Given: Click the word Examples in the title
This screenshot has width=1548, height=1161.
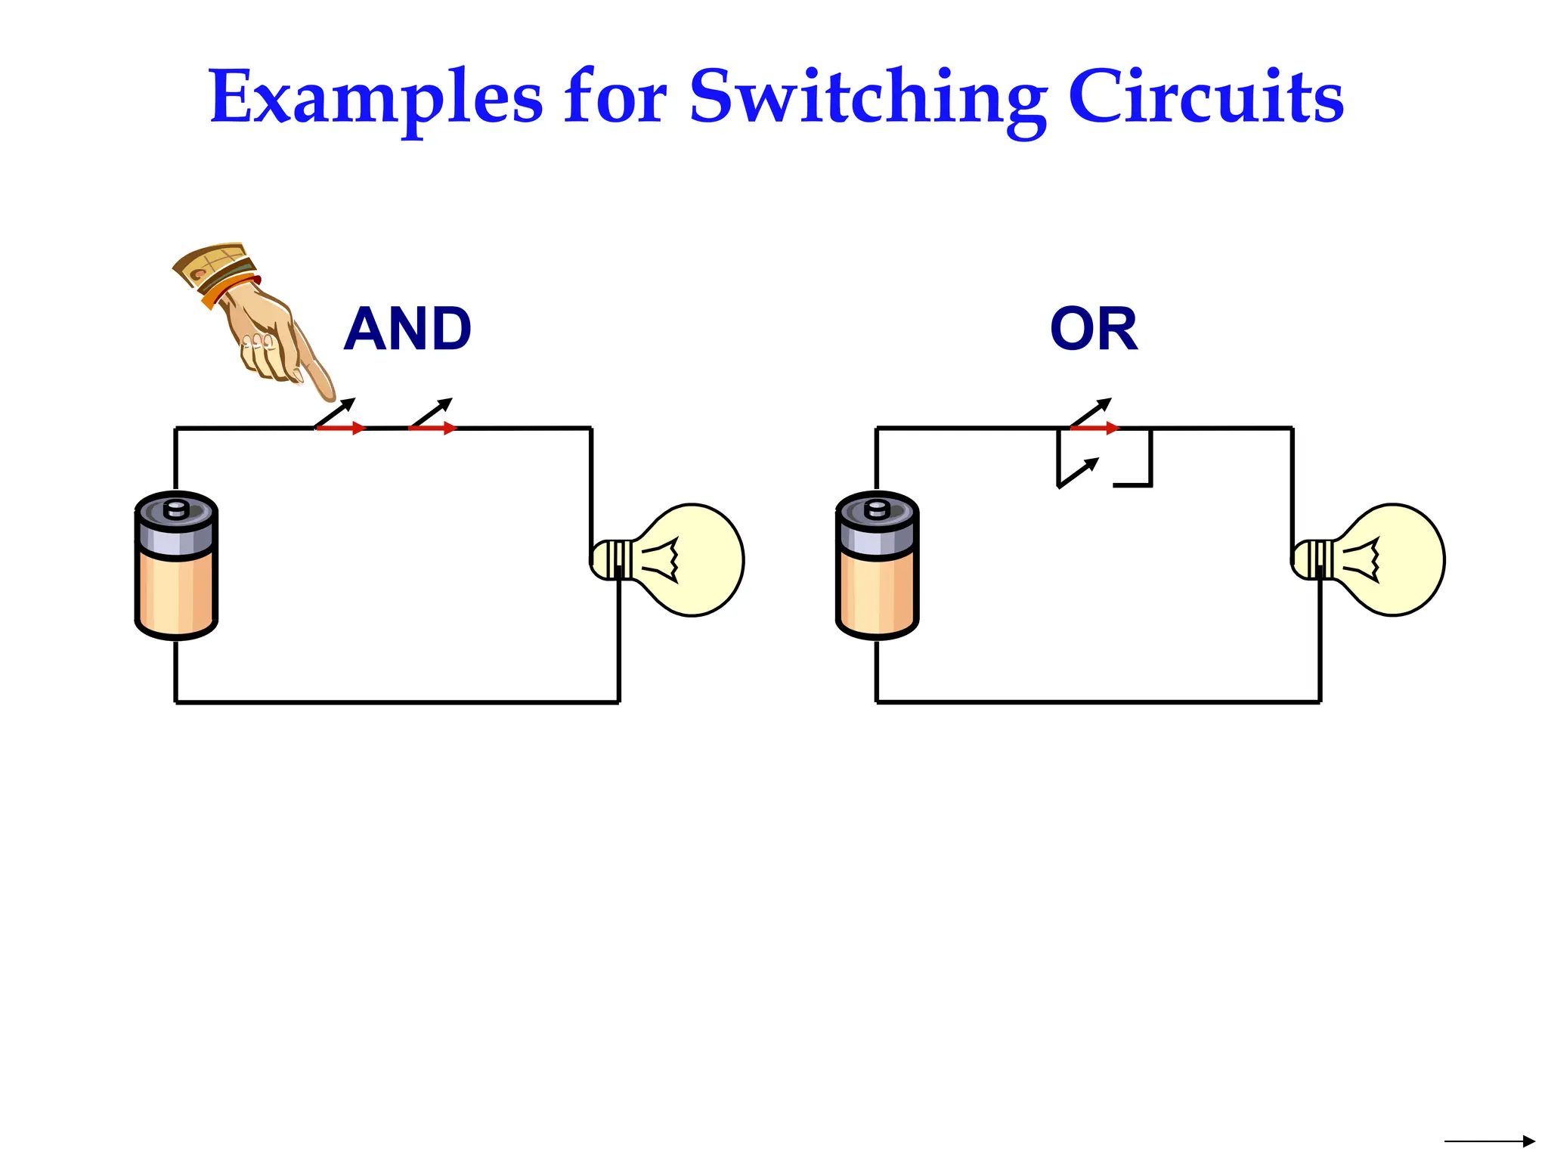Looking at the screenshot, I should (376, 98).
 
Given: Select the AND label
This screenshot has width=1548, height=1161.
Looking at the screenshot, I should (407, 330).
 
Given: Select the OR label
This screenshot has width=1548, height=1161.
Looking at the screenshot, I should (1094, 330).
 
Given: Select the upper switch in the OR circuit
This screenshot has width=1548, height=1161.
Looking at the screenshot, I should (1092, 420).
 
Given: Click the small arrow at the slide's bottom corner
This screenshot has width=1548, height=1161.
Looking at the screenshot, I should (1489, 1141).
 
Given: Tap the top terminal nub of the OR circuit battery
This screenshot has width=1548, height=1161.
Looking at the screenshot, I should (877, 509).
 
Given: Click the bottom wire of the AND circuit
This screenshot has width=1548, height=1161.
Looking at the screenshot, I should (397, 702).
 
